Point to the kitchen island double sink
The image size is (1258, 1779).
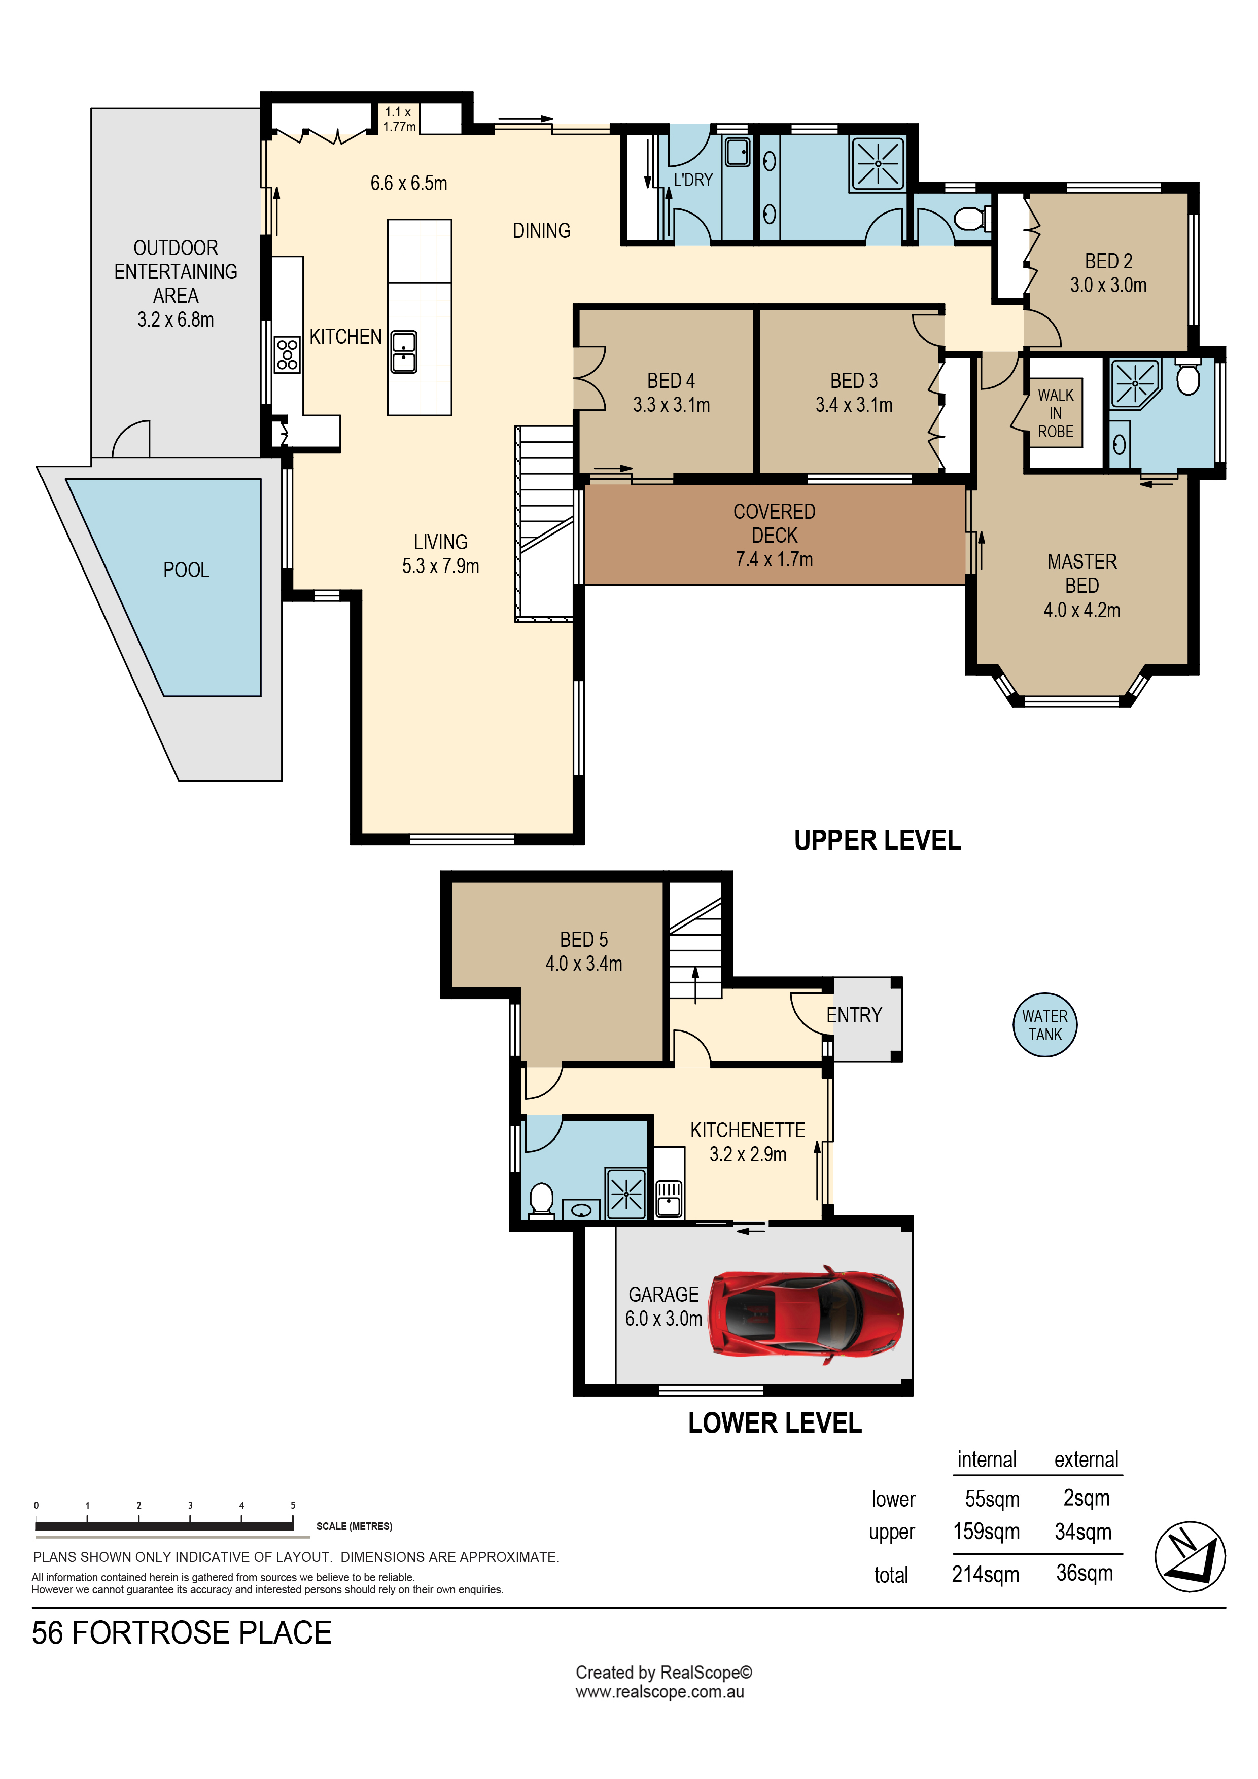404,352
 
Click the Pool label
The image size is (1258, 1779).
186,571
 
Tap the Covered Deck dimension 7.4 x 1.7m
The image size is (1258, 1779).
775,559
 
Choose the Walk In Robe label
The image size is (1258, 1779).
1055,413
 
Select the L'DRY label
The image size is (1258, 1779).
693,180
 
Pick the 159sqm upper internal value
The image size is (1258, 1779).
986,1532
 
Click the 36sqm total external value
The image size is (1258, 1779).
1085,1573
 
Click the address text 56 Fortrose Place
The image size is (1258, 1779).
182,1632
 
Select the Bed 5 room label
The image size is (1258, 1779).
584,940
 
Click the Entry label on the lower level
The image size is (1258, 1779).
854,1015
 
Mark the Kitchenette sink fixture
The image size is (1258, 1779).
669,1198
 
